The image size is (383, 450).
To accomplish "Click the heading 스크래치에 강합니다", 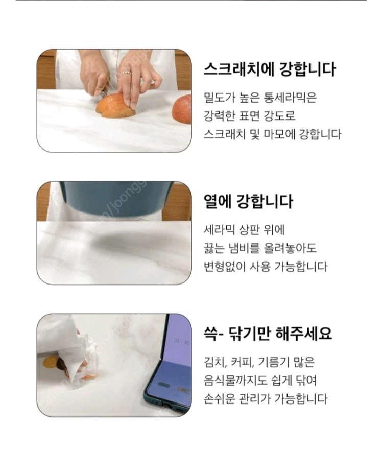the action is point(270,69).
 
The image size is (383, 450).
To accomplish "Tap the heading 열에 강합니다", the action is point(248,201).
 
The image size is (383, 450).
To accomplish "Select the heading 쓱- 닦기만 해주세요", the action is point(268,333).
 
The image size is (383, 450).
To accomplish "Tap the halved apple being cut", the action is point(115,105).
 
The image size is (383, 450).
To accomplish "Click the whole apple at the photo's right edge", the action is point(182,109).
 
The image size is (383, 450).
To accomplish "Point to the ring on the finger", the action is point(126,74).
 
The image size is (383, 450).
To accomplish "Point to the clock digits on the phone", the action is point(182,341).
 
